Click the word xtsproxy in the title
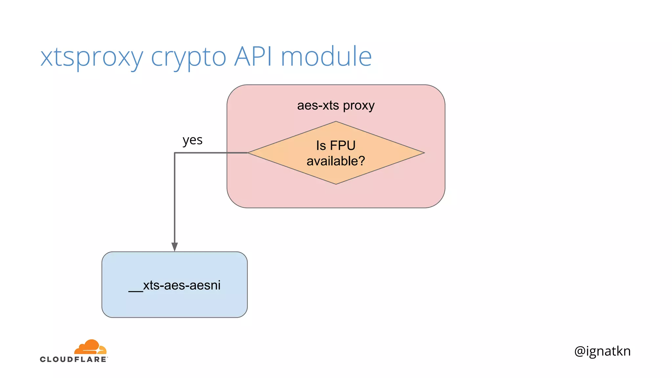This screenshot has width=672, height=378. click(x=92, y=56)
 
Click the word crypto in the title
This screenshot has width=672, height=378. click(x=188, y=56)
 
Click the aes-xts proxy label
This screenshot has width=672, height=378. click(x=336, y=105)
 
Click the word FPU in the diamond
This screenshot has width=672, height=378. click(x=343, y=145)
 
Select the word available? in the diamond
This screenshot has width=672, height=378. click(x=336, y=161)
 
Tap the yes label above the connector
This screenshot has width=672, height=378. click(x=192, y=140)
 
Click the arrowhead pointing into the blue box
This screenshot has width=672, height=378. click(x=175, y=247)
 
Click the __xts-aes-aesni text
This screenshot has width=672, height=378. click(x=175, y=285)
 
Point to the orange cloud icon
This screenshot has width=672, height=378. click(x=91, y=347)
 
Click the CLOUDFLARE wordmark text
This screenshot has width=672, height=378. click(x=73, y=359)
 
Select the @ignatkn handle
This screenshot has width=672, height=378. click(x=602, y=351)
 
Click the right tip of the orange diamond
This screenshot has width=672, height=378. click(x=424, y=153)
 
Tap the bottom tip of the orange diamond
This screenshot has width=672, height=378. click(x=336, y=183)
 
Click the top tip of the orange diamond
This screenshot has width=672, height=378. click(x=336, y=122)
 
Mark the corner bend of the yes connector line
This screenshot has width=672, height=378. click(x=175, y=153)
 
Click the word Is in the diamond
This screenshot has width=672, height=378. click(x=321, y=145)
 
